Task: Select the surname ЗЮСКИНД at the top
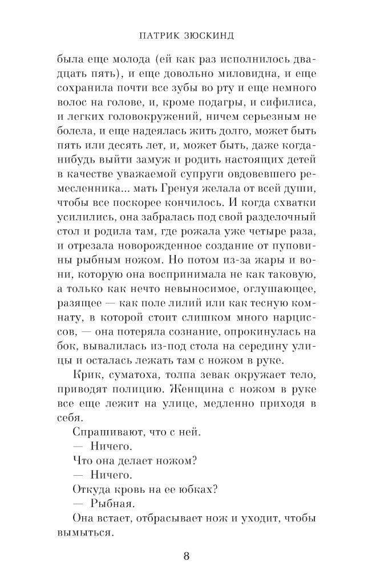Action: (x=208, y=35)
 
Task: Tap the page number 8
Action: (x=186, y=556)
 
